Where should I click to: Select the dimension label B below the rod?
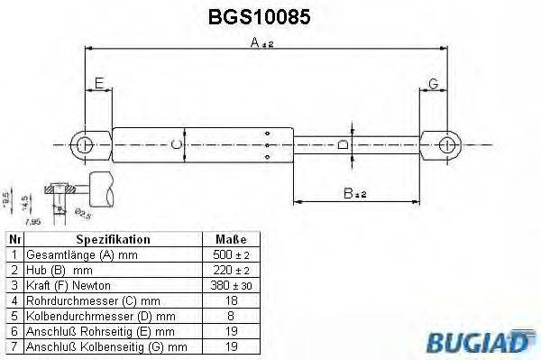(348, 192)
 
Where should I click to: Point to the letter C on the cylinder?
(177, 143)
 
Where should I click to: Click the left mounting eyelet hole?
(85, 143)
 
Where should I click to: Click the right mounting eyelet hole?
(445, 143)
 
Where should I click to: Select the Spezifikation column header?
(113, 240)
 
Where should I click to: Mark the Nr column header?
(14, 240)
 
